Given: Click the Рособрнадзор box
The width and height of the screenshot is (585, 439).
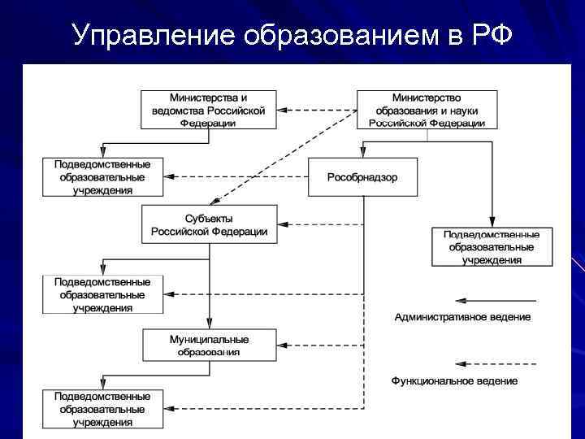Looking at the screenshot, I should click(x=362, y=177).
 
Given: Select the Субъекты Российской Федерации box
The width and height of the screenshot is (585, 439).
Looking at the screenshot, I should click(x=209, y=224).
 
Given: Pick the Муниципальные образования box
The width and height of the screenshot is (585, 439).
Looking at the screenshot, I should click(x=209, y=345).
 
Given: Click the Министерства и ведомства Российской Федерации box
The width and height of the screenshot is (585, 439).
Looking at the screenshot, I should click(x=209, y=109).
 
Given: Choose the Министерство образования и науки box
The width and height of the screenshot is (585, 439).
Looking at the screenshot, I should click(x=427, y=109).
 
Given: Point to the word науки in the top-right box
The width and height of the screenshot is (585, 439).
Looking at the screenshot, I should click(x=459, y=110).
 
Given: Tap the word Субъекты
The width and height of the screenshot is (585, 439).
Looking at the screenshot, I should click(x=209, y=218).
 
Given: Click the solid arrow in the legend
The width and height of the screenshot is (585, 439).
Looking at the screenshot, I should click(x=496, y=299).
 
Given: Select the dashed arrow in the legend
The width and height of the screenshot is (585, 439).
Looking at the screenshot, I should click(x=496, y=363).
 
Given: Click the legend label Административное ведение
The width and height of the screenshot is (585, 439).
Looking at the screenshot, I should click(x=462, y=316).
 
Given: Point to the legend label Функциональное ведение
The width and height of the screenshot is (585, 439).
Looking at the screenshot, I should click(x=455, y=380).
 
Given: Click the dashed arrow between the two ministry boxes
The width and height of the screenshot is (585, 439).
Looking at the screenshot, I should click(x=317, y=109).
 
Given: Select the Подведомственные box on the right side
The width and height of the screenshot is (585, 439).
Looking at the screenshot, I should click(x=492, y=247).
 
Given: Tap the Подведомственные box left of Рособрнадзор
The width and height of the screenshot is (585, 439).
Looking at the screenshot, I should click(x=102, y=176).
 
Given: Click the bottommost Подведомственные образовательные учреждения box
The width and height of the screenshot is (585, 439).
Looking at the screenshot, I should click(x=102, y=409).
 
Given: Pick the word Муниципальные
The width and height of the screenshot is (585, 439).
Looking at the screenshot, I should click(x=209, y=339).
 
